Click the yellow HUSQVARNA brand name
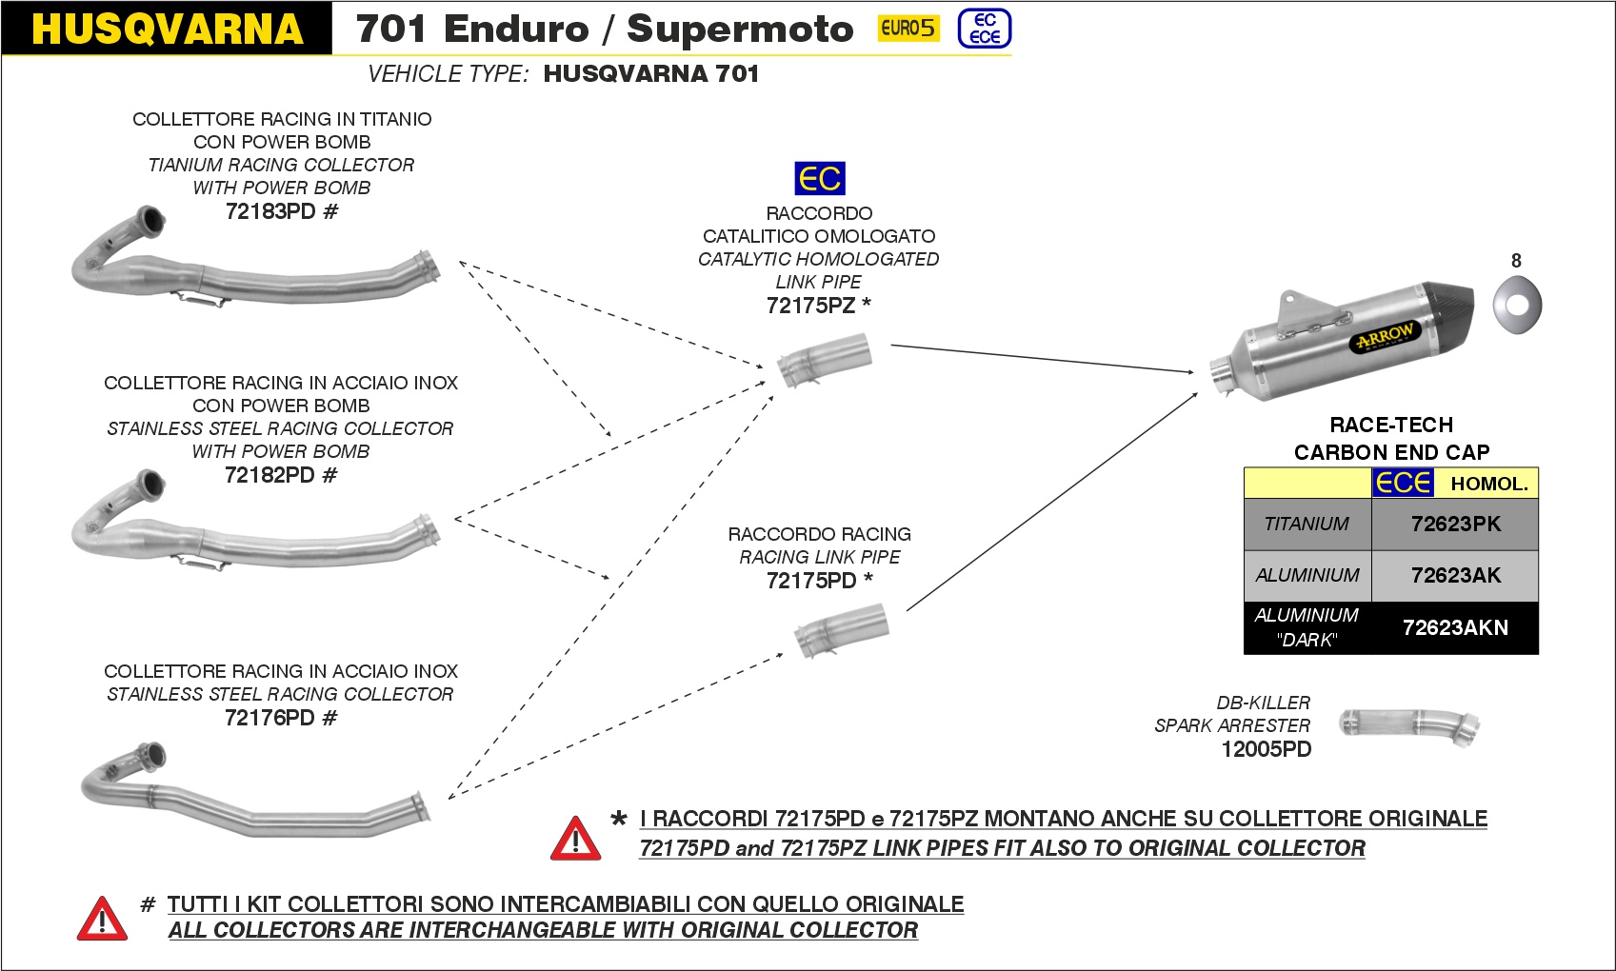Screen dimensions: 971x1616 pos(167,29)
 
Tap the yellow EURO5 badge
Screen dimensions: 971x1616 pos(907,29)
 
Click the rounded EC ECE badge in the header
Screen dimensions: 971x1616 pos(984,29)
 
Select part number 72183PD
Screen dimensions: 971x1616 pos(271,211)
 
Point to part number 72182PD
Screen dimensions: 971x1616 pos(270,475)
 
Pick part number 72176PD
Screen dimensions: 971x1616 pos(270,718)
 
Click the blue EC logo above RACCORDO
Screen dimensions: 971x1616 pos(819,178)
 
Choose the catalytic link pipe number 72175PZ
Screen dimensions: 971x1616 pos(810,306)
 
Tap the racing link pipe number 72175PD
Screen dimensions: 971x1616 pos(811,581)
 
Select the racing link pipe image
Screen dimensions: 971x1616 pos(841,630)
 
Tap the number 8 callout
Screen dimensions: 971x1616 pos(1516,261)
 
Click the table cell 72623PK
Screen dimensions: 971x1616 pos(1455,525)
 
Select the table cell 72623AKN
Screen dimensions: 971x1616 pos(1455,628)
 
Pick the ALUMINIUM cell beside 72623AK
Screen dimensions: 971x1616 pos(1307,576)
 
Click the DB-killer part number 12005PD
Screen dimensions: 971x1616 pos(1266,750)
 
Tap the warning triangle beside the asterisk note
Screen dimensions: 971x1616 pos(575,839)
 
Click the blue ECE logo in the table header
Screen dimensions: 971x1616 pos(1402,483)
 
